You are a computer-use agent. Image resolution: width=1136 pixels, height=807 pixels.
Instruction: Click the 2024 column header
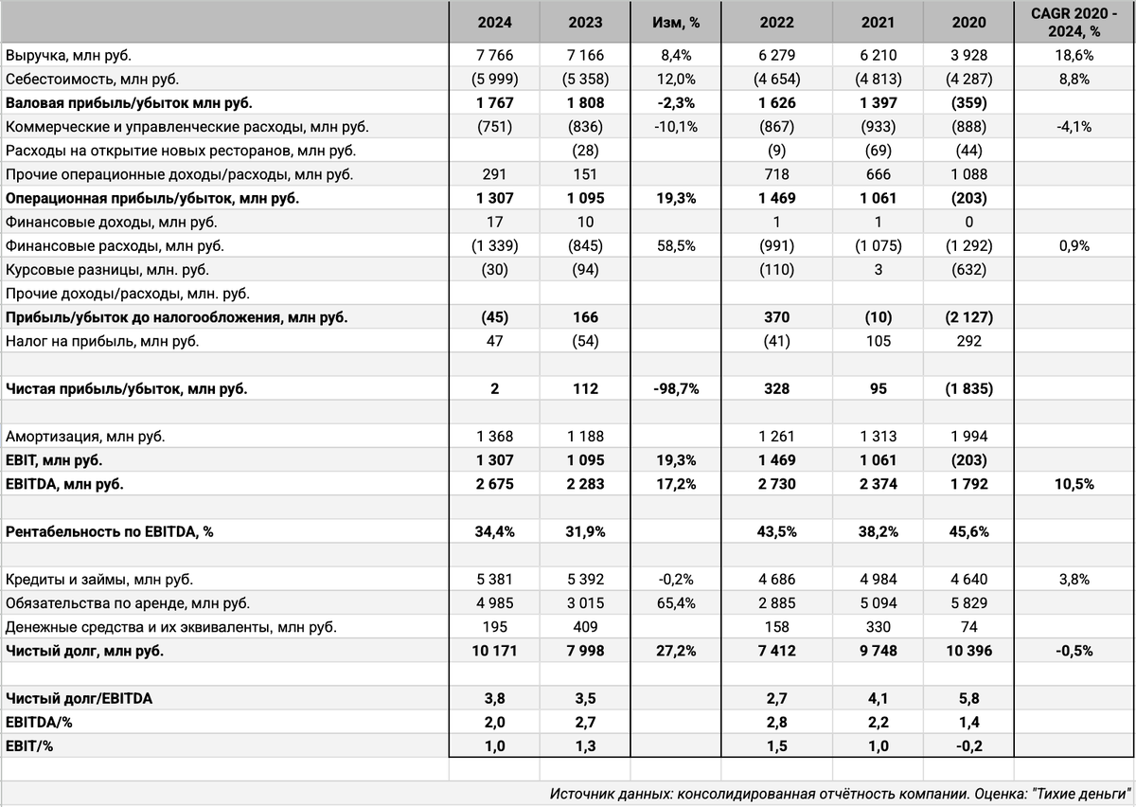(x=494, y=23)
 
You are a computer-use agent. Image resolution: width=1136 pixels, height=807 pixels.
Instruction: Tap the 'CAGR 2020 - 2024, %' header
(x=1074, y=23)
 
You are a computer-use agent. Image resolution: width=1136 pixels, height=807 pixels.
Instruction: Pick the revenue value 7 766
(x=494, y=56)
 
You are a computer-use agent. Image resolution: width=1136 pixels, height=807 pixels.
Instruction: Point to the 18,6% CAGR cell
(x=1074, y=56)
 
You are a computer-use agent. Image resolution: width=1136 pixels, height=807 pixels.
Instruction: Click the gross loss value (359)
(x=967, y=102)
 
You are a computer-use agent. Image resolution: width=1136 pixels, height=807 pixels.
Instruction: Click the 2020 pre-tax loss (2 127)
(x=967, y=317)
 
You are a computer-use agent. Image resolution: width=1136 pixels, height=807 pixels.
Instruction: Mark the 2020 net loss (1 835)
(x=967, y=388)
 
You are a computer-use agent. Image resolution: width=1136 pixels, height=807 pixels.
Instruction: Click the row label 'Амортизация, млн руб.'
(x=84, y=438)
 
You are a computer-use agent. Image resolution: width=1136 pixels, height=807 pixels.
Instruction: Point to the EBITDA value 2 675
(x=494, y=484)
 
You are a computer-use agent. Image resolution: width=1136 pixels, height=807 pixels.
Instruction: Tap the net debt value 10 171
(x=494, y=651)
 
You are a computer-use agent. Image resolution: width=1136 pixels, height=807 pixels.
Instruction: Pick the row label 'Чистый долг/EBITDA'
(x=79, y=699)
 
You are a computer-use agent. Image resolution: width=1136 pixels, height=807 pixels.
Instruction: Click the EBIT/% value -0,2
(x=967, y=746)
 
